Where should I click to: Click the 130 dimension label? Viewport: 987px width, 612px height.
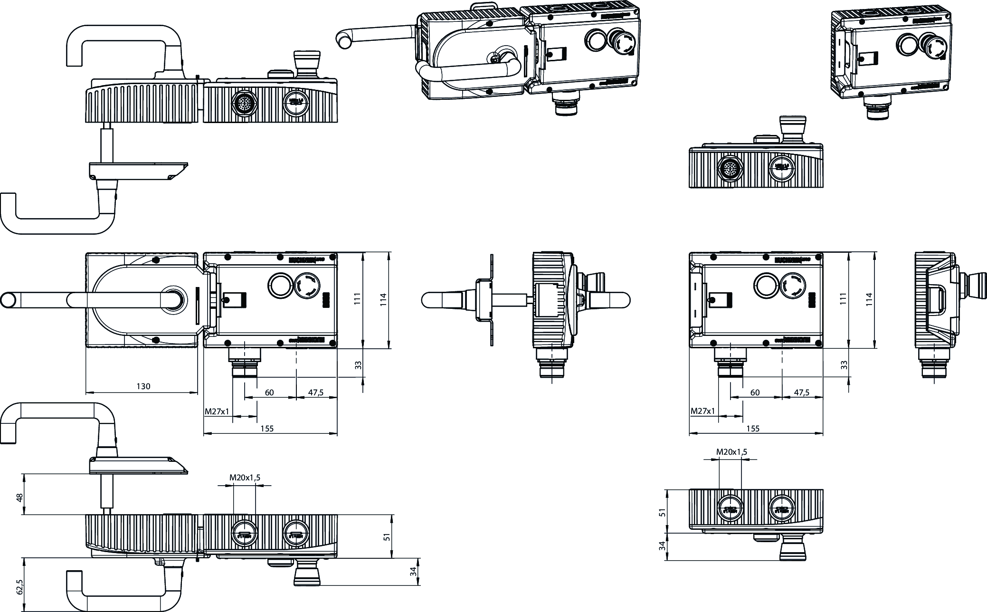[x=143, y=386]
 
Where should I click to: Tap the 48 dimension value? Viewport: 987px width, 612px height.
[x=19, y=497]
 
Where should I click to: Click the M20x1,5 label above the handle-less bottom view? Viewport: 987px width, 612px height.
[x=731, y=452]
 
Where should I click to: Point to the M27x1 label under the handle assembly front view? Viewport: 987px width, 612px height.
[x=217, y=411]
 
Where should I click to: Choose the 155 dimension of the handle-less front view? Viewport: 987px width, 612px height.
[x=753, y=429]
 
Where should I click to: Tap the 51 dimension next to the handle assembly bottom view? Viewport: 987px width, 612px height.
[x=387, y=536]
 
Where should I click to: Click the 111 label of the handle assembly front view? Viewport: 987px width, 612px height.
[x=358, y=298]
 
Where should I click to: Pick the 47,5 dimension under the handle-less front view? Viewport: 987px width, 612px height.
[x=801, y=392]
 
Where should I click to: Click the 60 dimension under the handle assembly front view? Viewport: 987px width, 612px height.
[x=269, y=392]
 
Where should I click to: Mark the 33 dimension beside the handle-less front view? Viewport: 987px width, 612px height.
[x=844, y=365]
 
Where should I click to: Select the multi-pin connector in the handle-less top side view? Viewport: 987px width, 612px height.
[x=727, y=167]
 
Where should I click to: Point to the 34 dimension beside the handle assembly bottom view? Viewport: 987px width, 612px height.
[x=413, y=572]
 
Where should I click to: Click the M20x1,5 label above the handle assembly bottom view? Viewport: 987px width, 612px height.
[x=245, y=478]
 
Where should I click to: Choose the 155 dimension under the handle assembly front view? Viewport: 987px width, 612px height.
[x=267, y=429]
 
